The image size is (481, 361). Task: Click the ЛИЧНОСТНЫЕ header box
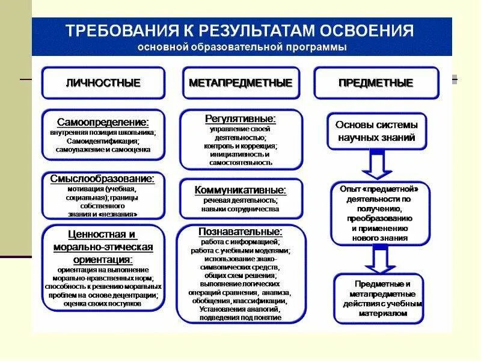pos(103,83)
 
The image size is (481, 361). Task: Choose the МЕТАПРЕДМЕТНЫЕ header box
pos(240,83)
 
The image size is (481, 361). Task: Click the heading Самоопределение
pos(103,122)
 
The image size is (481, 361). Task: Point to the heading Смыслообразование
pos(103,179)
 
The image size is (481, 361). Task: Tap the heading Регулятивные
pos(240,119)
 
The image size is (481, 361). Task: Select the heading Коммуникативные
pos(240,190)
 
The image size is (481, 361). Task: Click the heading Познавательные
pos(240,231)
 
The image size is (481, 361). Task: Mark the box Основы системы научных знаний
pos(376,131)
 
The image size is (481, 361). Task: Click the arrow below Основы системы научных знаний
pos(376,165)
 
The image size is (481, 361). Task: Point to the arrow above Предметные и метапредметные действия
pos(377,260)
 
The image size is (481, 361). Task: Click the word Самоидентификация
pos(103,141)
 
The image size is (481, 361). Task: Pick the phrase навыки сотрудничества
pos(240,209)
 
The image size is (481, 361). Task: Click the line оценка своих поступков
pos(103,304)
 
